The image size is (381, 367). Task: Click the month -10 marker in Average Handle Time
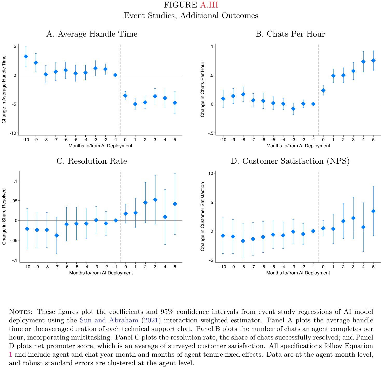point(26,57)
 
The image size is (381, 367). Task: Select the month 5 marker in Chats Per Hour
point(373,60)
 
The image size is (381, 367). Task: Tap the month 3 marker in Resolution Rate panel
point(155,200)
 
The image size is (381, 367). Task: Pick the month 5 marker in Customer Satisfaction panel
point(373,211)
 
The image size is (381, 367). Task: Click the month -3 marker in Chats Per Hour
point(293,109)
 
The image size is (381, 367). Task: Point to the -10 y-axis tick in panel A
point(13,133)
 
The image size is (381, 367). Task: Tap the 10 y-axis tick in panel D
point(211,173)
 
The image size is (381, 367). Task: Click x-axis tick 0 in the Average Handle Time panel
point(125,140)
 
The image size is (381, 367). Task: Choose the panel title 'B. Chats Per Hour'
point(290,34)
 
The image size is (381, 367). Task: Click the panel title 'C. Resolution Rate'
point(92,161)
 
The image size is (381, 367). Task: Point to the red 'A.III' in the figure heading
point(209,5)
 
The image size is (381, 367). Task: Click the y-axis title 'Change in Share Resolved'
point(4,217)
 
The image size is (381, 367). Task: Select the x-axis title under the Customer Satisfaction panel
point(298,273)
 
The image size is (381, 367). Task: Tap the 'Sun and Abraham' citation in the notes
point(109,320)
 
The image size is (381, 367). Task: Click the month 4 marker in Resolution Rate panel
point(165,217)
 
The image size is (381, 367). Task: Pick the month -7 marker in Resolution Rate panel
point(57,235)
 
